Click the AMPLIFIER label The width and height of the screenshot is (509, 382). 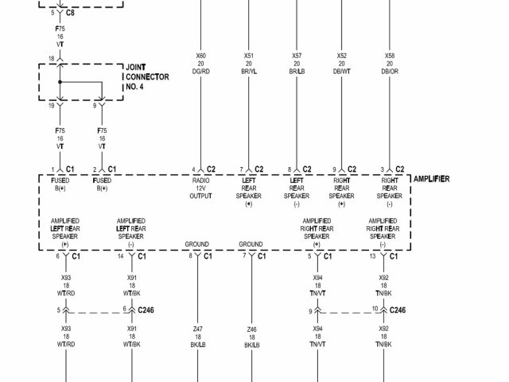[x=431, y=179]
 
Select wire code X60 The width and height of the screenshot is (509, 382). [x=200, y=57]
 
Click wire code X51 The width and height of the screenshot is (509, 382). [x=248, y=57]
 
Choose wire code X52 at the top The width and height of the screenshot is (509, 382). [x=342, y=57]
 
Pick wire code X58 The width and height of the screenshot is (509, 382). [x=390, y=57]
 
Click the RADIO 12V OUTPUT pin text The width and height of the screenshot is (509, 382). [x=200, y=189]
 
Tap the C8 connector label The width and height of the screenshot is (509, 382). [x=70, y=14]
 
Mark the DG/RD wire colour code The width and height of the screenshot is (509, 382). [x=200, y=72]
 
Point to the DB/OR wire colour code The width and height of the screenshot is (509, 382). [x=390, y=72]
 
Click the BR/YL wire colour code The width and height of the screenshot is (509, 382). [x=248, y=72]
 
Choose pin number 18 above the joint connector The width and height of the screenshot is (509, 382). [x=52, y=58]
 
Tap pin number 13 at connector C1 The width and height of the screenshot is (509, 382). [x=372, y=256]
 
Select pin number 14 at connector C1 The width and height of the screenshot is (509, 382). [x=120, y=256]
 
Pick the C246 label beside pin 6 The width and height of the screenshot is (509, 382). [x=146, y=310]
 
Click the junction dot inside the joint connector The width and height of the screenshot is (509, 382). [x=58, y=82]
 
